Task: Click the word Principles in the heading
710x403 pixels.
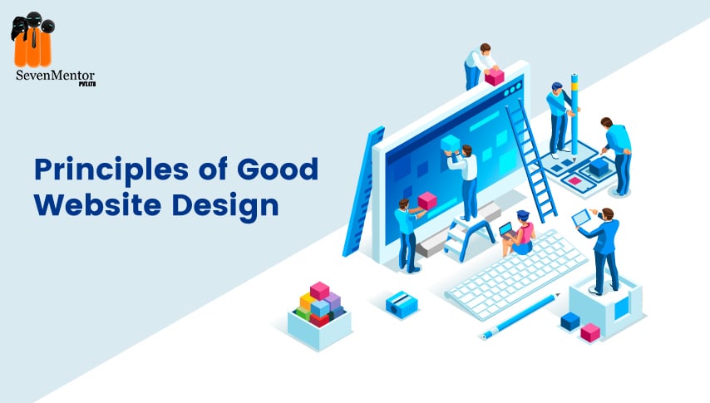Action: [111, 170]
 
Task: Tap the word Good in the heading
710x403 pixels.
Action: [278, 170]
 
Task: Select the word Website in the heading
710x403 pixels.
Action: [98, 204]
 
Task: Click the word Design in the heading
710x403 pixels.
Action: [225, 206]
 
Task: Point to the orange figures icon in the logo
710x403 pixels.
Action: [32, 40]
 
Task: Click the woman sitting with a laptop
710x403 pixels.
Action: [519, 233]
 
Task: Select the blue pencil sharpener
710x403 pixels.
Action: [402, 304]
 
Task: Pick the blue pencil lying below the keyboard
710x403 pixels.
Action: [520, 316]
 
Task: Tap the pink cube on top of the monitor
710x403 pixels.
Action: [495, 77]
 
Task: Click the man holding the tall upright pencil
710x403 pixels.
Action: [560, 120]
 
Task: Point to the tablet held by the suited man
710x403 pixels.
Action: [580, 219]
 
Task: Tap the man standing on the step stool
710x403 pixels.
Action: [464, 182]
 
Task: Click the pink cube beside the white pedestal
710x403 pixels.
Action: [590, 332]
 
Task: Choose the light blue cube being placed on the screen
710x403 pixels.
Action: [450, 144]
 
